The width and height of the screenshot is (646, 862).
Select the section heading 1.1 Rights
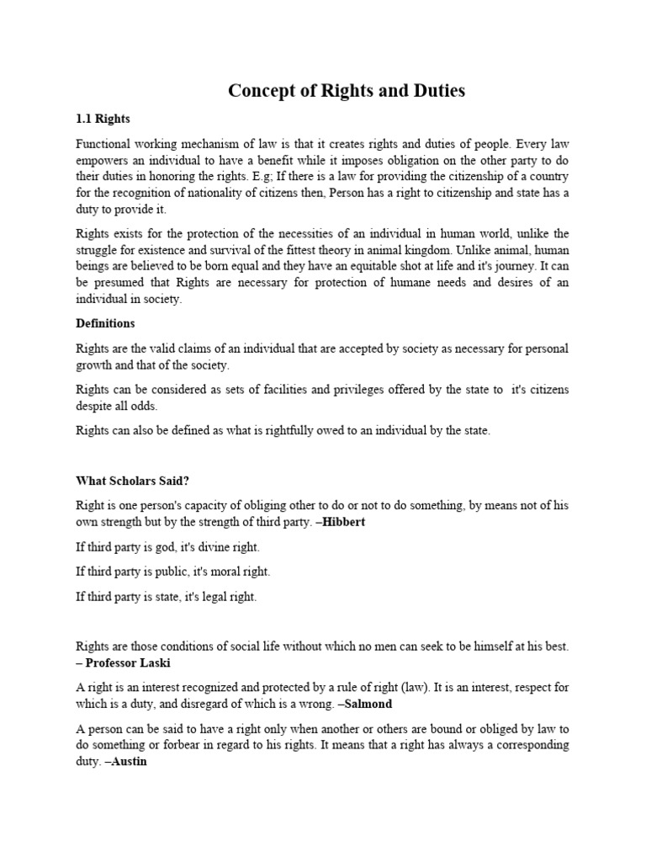click(x=103, y=119)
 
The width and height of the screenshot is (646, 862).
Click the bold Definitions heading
click(x=105, y=323)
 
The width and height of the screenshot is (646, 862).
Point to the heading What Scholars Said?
click(x=132, y=480)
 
